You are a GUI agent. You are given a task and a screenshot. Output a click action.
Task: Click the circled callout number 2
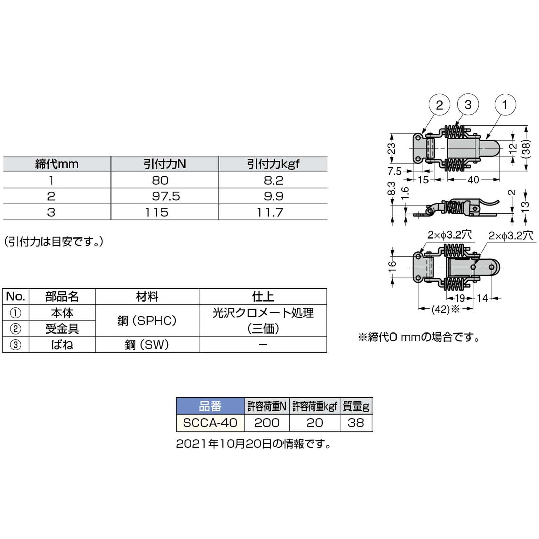tap(439, 105)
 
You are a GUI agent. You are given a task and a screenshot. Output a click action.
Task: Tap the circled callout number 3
tap(468, 105)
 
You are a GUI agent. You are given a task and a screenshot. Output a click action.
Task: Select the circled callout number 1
tap(505, 105)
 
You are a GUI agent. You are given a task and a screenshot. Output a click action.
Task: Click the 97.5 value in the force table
tap(166, 196)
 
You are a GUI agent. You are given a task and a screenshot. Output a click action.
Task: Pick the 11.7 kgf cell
tap(270, 212)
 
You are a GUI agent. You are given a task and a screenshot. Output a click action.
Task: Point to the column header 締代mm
tap(57, 164)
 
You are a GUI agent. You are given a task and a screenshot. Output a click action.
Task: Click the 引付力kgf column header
tap(273, 164)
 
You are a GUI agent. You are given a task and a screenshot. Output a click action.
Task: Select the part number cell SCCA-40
tap(210, 423)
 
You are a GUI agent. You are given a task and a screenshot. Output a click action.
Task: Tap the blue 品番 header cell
tap(210, 406)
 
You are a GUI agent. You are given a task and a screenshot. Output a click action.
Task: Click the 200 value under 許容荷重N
tap(267, 423)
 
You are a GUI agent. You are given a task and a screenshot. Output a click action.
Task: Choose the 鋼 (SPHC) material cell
tap(147, 321)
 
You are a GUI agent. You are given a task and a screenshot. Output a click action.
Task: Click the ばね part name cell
tap(62, 345)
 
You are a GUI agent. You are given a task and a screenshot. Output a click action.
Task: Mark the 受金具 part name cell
tap(62, 328)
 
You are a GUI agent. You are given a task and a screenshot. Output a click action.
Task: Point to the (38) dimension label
tap(526, 148)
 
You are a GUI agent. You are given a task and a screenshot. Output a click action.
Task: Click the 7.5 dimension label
tap(394, 171)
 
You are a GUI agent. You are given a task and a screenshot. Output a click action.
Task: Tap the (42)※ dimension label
tap(445, 309)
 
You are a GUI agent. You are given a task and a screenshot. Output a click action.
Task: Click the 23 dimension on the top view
tap(392, 148)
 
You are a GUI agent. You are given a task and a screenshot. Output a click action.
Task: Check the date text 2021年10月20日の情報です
tap(253, 444)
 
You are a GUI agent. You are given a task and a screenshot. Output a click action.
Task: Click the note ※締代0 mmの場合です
tap(419, 337)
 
